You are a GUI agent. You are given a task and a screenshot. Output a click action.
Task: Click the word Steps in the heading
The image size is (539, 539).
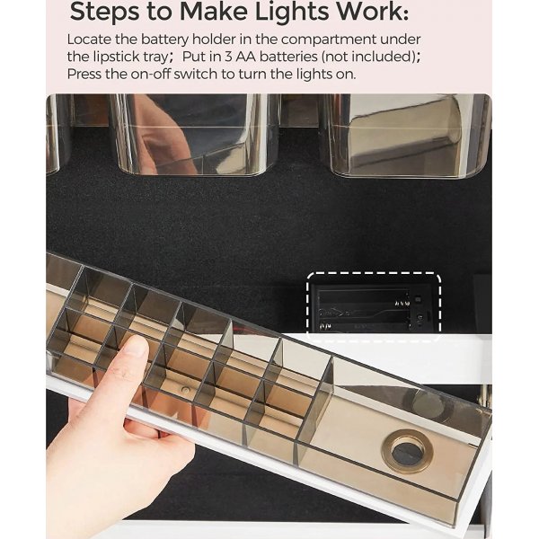[104, 13]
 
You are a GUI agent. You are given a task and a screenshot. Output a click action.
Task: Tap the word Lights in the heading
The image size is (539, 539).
[292, 13]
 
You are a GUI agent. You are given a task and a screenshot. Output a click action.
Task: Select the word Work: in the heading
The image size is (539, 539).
[372, 12]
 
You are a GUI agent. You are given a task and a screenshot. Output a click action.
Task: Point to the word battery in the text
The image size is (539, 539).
[164, 40]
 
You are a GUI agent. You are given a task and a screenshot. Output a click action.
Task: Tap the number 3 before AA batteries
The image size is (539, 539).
[228, 57]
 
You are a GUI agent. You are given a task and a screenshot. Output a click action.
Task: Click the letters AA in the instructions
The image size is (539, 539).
[246, 57]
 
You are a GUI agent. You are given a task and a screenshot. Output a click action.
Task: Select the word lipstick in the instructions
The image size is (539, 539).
[116, 57]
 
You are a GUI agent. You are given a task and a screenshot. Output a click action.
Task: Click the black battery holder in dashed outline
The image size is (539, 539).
[374, 307]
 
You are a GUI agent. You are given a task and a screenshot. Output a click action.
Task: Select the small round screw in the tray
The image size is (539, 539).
[186, 390]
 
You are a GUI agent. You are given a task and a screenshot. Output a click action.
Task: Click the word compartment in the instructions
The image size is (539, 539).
[329, 40]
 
